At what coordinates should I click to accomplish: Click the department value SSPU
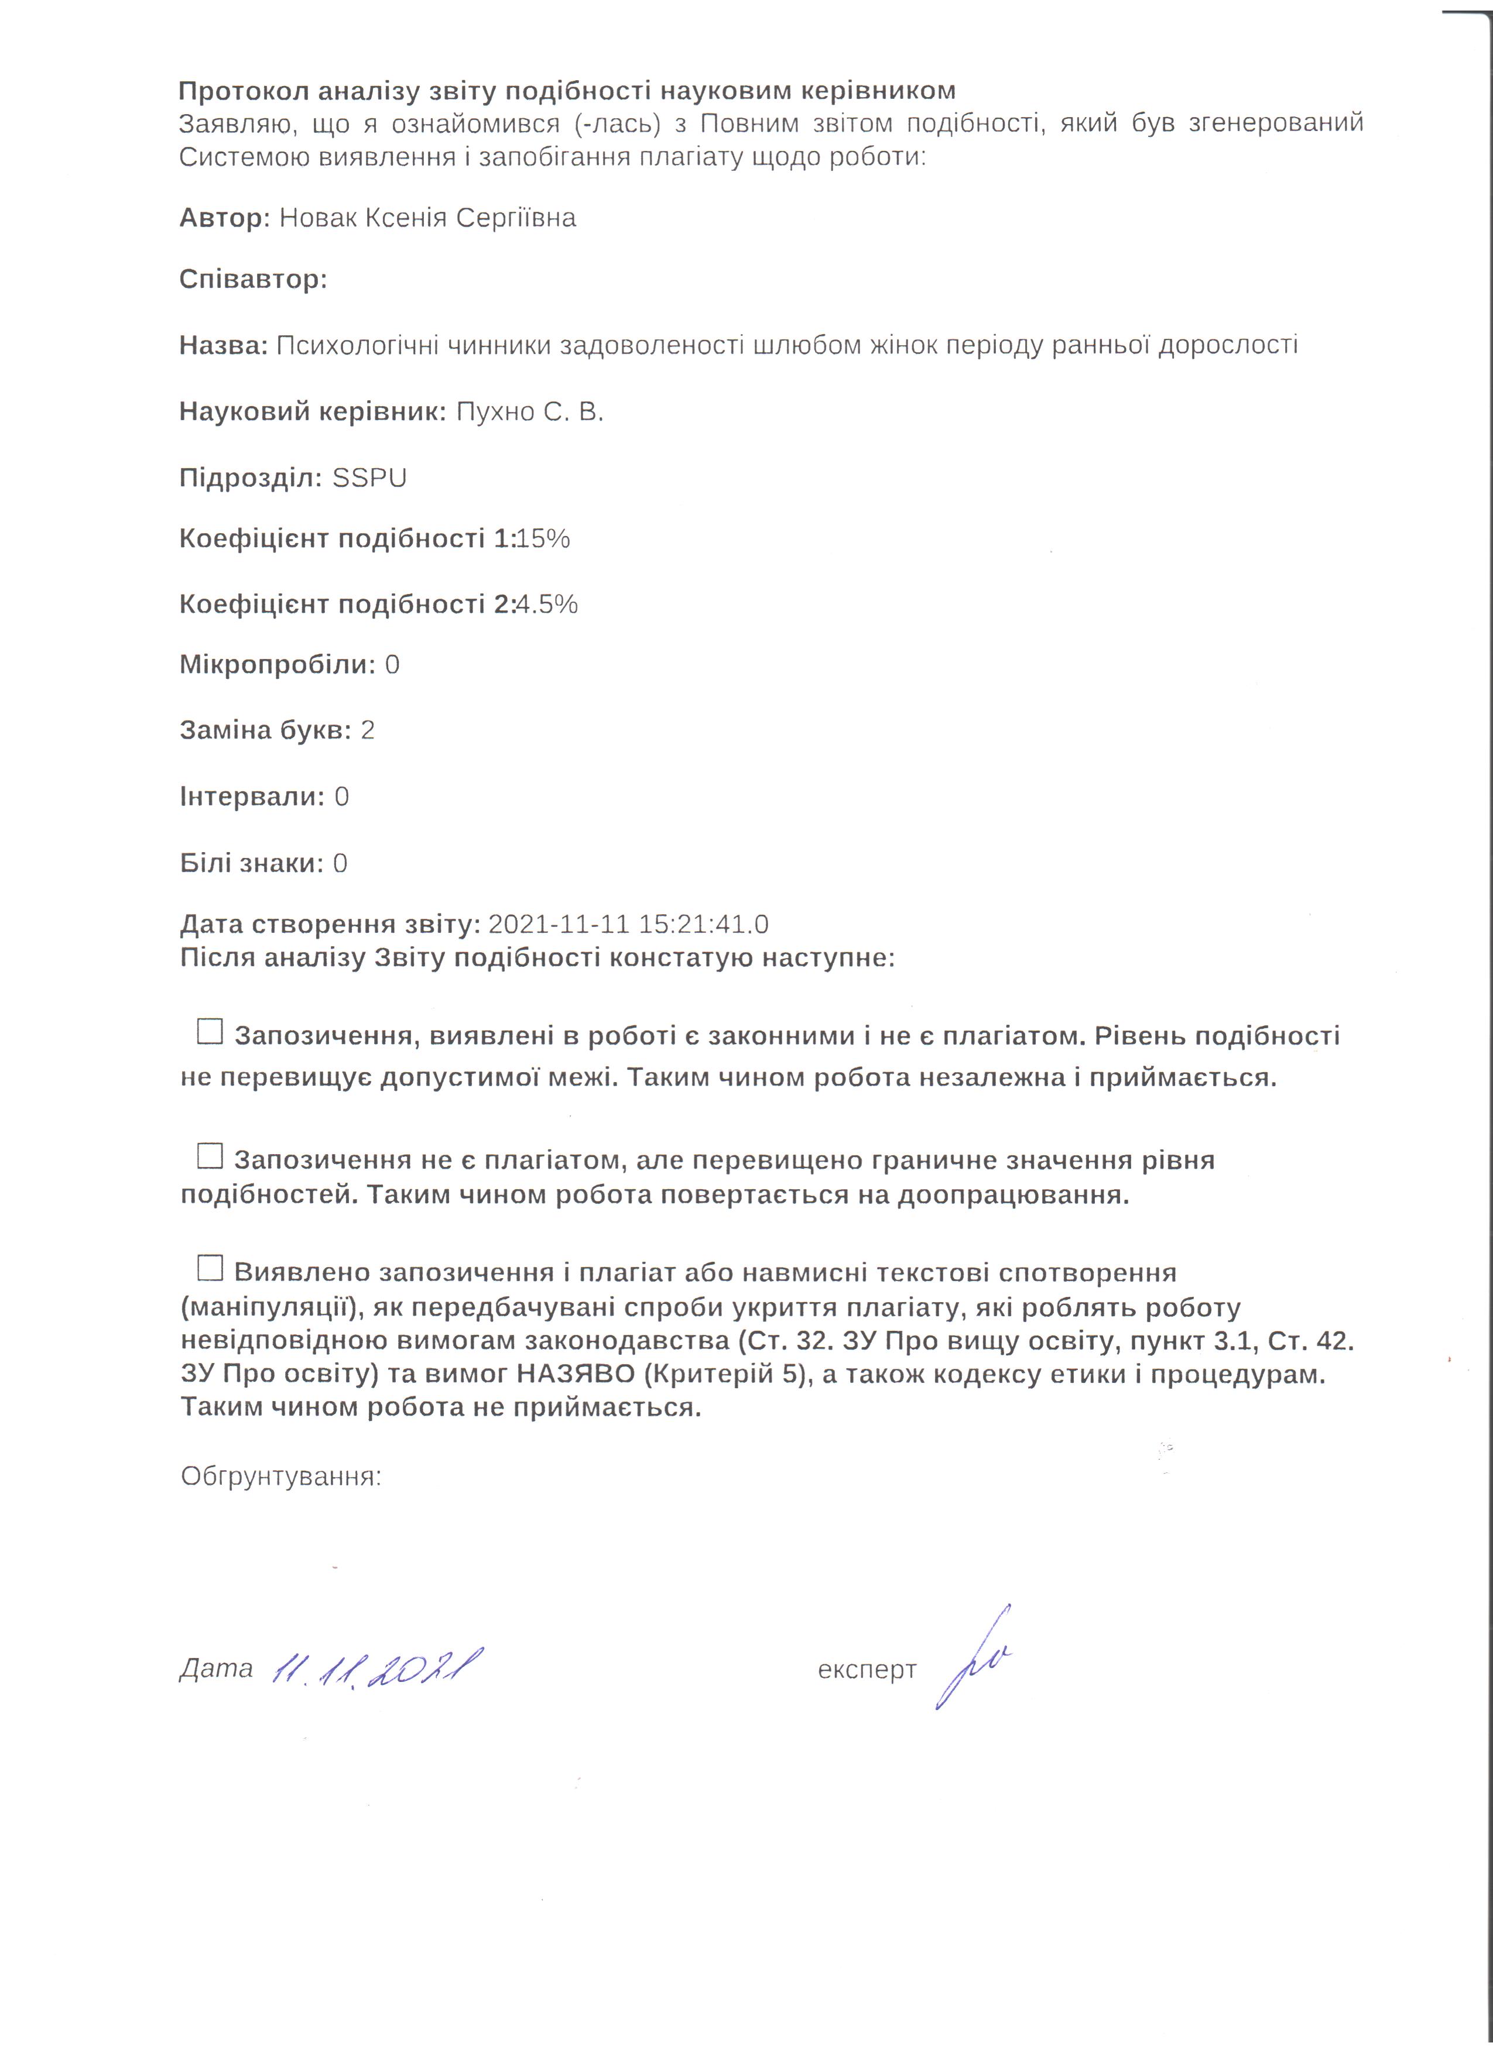tap(369, 478)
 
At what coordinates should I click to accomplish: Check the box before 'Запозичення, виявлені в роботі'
tap(210, 1031)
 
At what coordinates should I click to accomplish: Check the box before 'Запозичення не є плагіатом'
tap(210, 1155)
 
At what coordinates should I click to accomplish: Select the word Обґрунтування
tap(280, 1477)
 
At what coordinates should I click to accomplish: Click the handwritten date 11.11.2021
tap(376, 1667)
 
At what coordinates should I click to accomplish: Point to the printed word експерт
tap(867, 1670)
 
